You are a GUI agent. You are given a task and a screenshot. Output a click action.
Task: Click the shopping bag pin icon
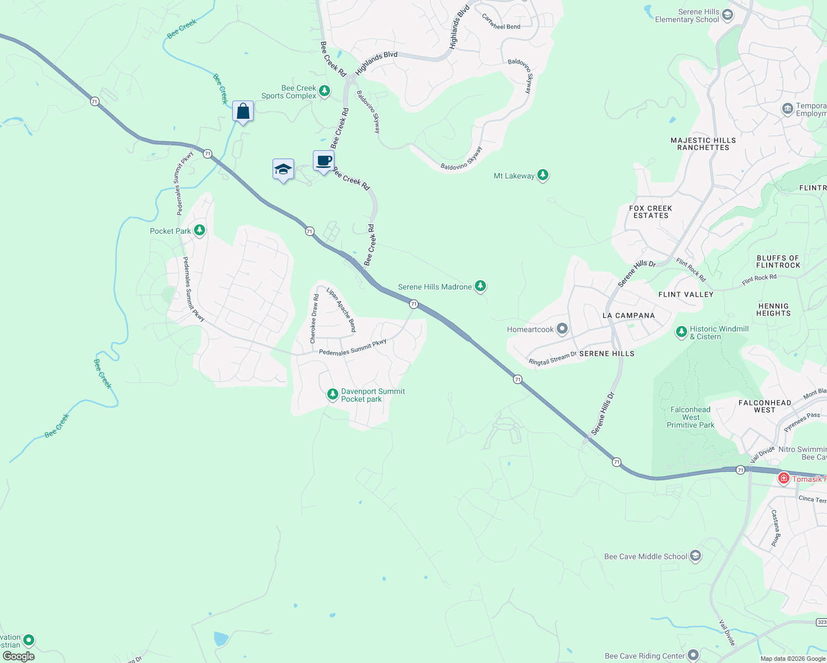(243, 112)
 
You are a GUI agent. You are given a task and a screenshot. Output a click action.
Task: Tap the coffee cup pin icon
(323, 161)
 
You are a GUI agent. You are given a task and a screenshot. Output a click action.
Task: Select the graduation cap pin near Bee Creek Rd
(283, 170)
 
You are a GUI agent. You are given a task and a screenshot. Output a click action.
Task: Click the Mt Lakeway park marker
(543, 176)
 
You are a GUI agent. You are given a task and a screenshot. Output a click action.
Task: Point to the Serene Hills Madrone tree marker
(481, 286)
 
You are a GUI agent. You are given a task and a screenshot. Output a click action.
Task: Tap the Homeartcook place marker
(562, 329)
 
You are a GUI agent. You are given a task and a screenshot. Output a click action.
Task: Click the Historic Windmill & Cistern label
(719, 333)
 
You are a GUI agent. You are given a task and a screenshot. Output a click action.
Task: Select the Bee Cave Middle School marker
(695, 556)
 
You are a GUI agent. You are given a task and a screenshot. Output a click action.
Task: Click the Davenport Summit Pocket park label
(373, 395)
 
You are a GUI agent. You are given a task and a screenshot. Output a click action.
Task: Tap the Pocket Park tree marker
(200, 230)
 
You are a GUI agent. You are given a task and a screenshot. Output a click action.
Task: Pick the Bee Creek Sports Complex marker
(324, 91)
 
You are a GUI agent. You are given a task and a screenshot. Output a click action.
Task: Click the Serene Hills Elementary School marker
(727, 14)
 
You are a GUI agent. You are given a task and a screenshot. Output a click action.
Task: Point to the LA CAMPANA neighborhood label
(629, 315)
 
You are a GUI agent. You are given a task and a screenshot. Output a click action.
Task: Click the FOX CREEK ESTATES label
(651, 212)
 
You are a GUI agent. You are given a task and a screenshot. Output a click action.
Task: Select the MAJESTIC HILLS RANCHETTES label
(703, 144)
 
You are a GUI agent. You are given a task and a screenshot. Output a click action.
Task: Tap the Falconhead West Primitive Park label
(690, 417)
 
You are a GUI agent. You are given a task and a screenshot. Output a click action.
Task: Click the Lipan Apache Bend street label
(342, 309)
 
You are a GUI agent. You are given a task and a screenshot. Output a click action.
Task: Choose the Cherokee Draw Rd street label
(315, 319)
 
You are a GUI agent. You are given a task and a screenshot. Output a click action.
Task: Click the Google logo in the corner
(19, 656)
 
